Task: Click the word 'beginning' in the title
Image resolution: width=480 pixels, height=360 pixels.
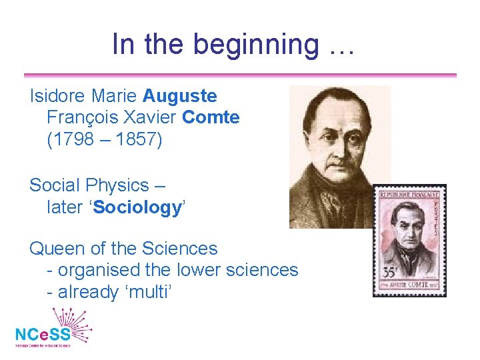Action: pos(255,45)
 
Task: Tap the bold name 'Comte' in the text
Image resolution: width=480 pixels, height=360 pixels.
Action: pos(211,118)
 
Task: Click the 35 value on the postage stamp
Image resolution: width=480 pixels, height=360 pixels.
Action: pos(387,274)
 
